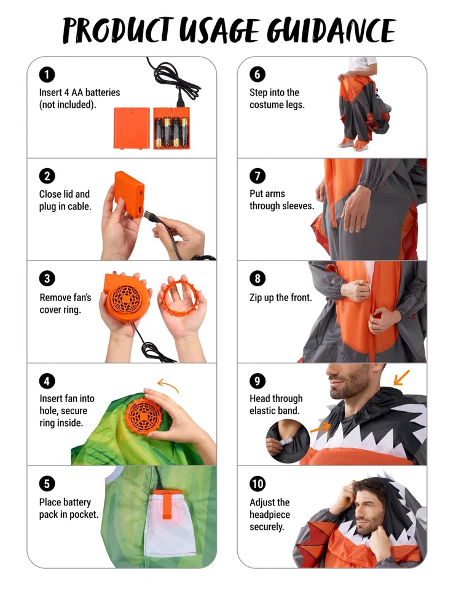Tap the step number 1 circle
[47, 75]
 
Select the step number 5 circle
[47, 483]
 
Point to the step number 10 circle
[257, 483]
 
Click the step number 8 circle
[257, 279]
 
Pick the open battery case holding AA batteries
[172, 128]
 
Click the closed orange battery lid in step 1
[132, 128]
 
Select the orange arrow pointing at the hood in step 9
[401, 377]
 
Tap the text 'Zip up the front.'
[280, 298]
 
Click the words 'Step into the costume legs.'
[277, 98]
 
